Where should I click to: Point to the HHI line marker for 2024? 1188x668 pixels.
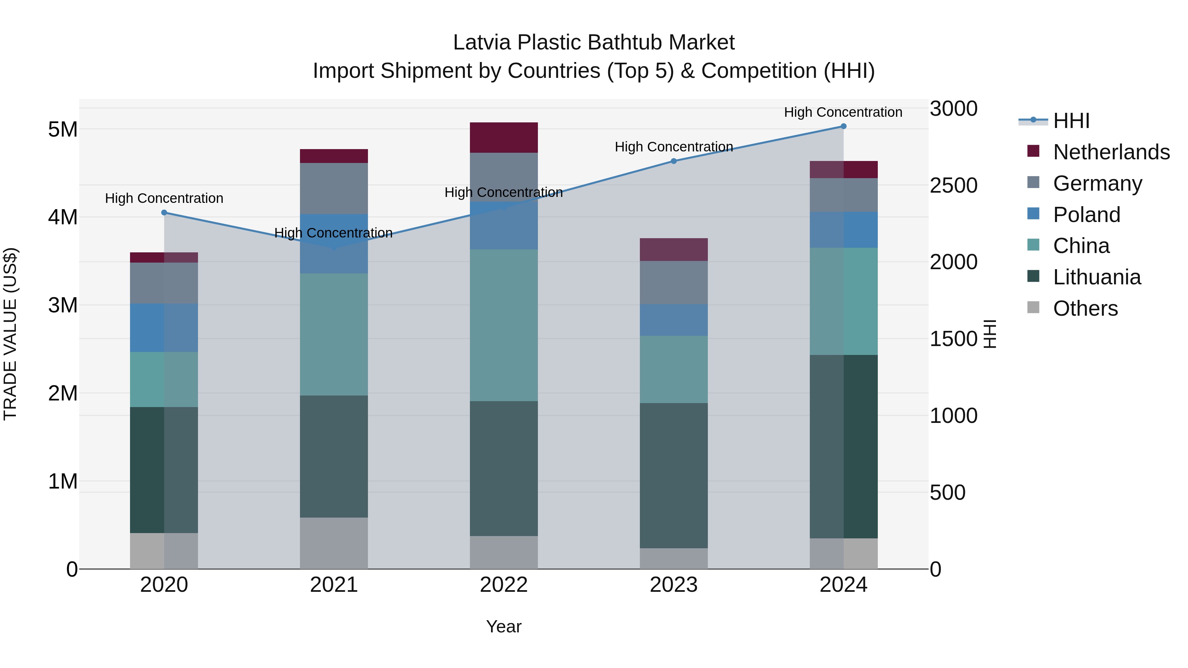coord(843,126)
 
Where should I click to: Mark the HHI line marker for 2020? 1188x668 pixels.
coord(164,212)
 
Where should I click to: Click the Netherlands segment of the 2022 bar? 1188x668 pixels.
coord(504,137)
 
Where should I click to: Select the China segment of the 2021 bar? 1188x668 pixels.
coord(334,334)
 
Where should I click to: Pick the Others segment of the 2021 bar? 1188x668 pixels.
coord(334,543)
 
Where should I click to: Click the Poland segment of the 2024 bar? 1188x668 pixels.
coord(843,230)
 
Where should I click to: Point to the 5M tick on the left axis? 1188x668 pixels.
coord(63,130)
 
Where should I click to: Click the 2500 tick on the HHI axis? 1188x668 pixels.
coord(953,185)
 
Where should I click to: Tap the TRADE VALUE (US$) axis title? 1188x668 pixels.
coord(10,334)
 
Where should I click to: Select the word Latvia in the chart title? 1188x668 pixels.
coord(482,43)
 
